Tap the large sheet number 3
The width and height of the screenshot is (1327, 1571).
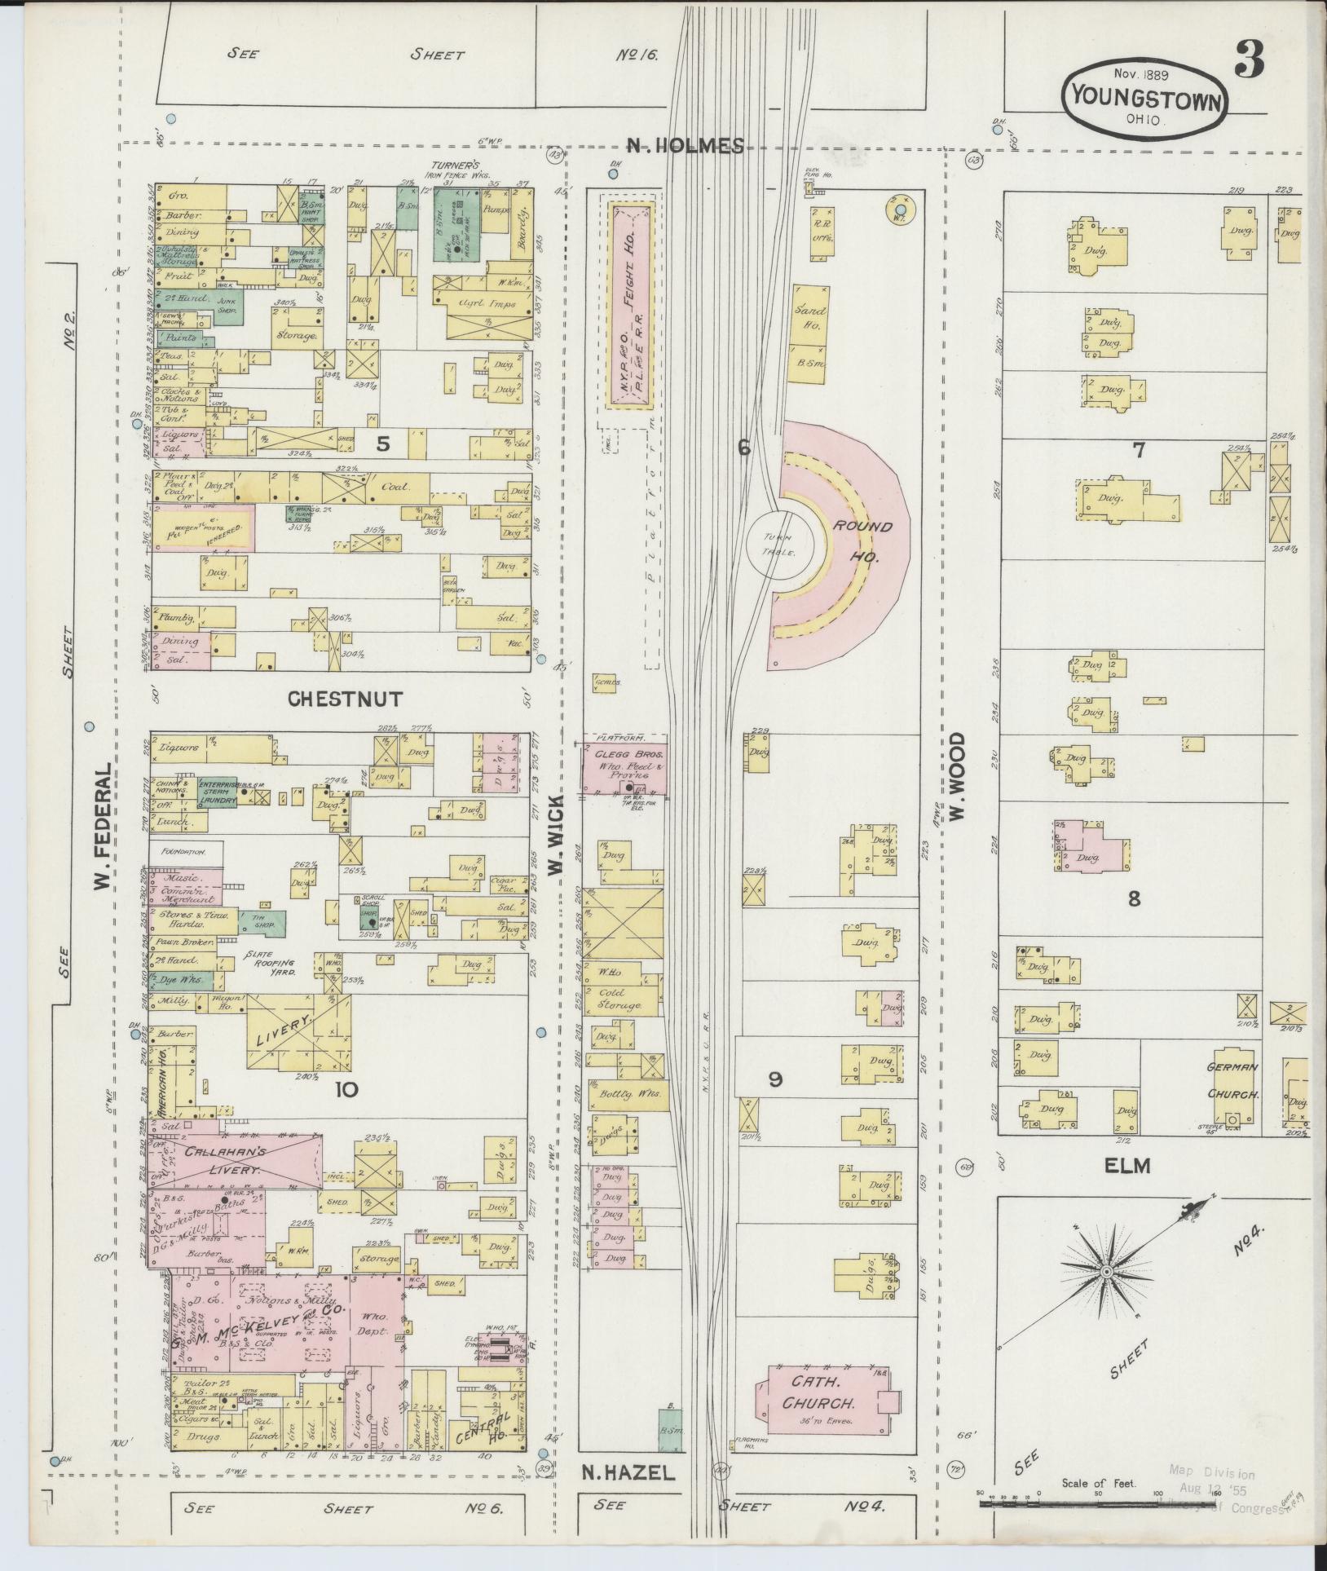(x=1249, y=58)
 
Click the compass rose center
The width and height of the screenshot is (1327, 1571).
(x=1107, y=1295)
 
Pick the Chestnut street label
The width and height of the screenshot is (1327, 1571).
(x=346, y=699)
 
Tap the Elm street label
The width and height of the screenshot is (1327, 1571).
(x=1126, y=1167)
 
